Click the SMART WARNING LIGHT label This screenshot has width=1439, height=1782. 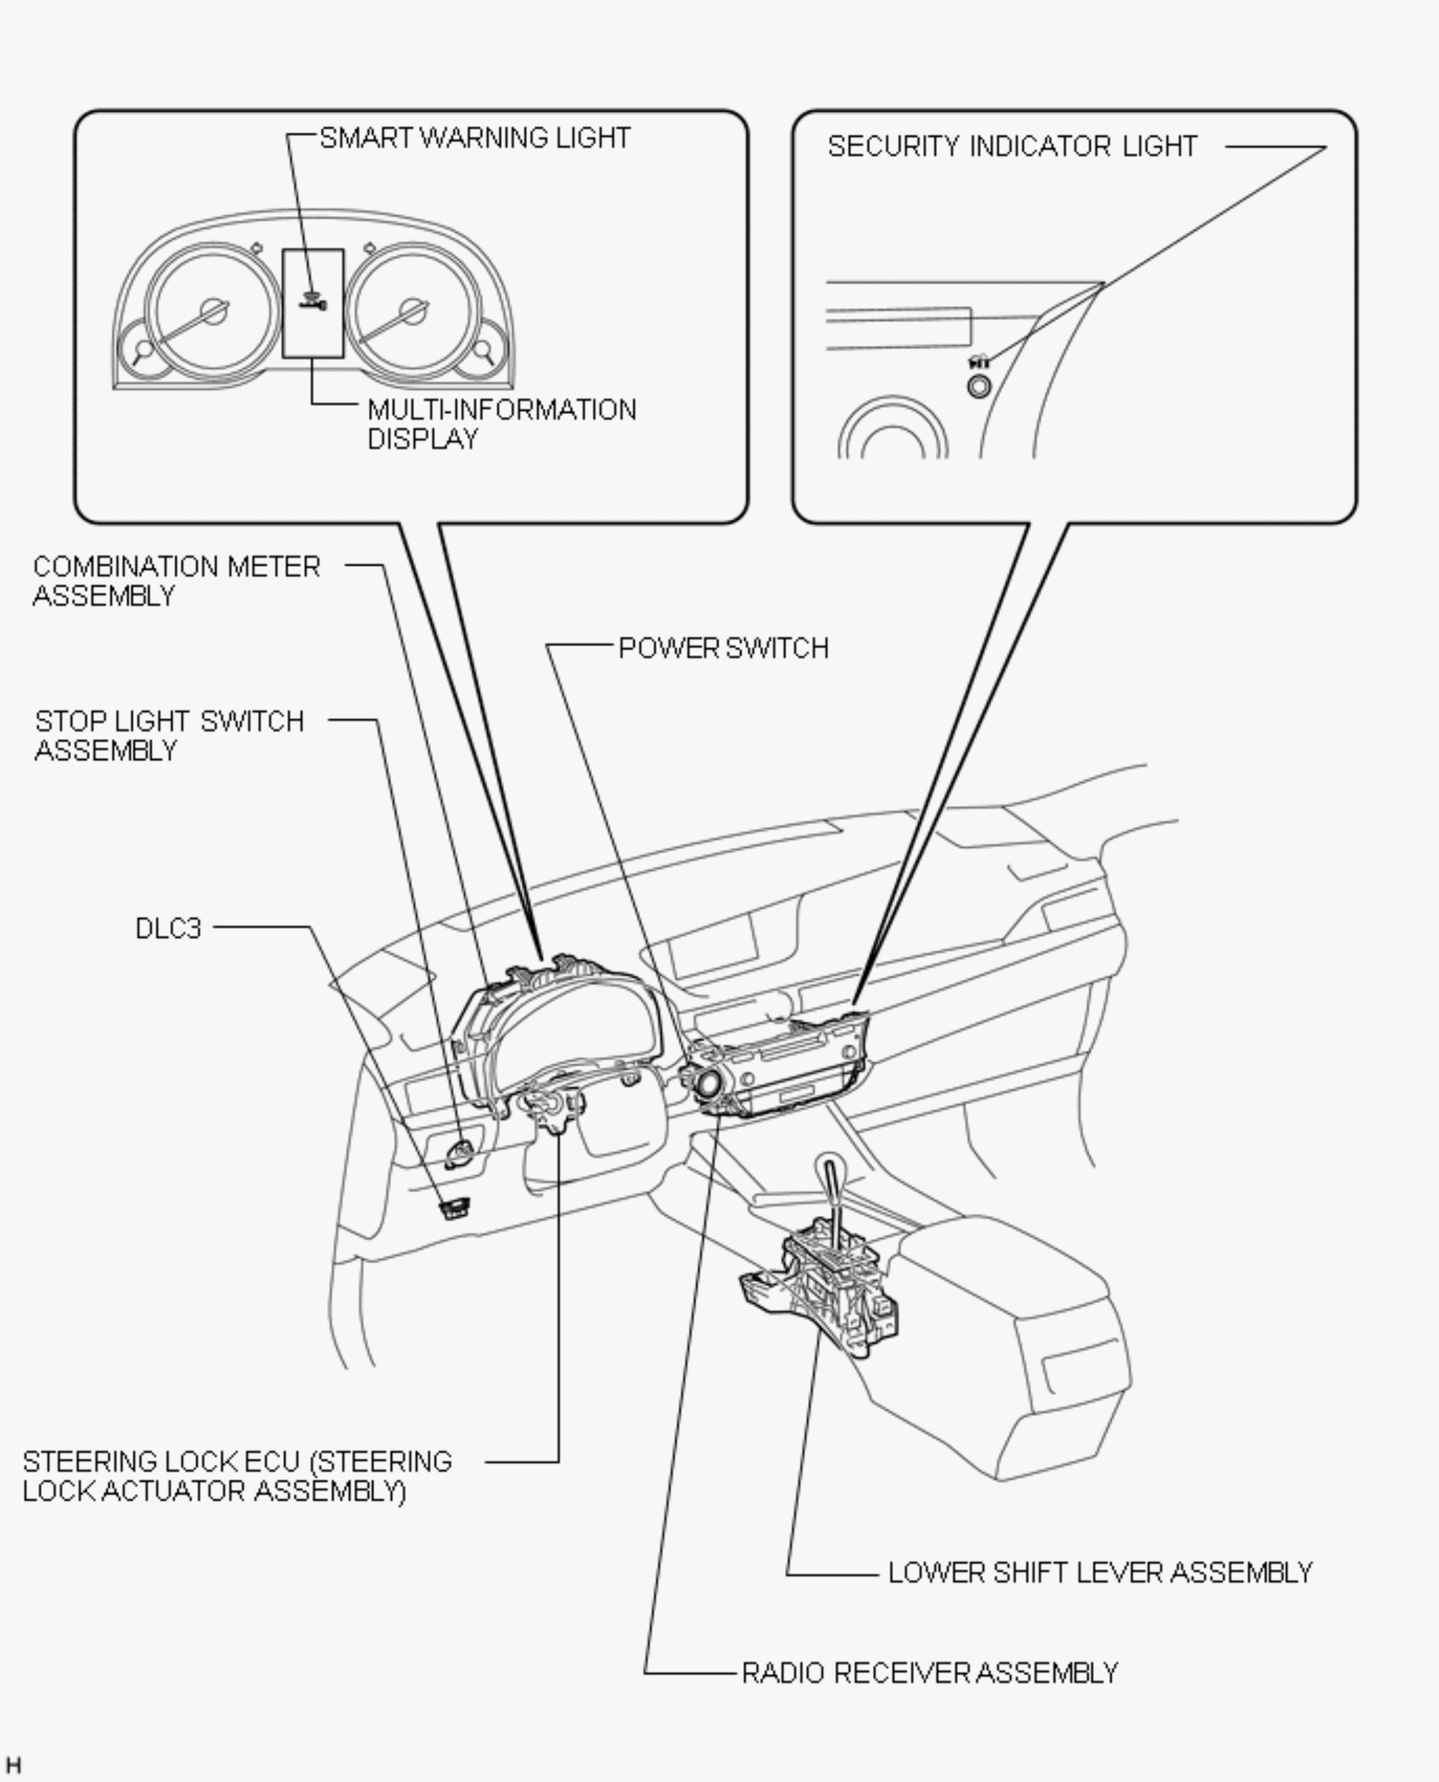pyautogui.click(x=475, y=138)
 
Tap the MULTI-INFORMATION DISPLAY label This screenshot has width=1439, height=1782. pyautogui.click(x=501, y=424)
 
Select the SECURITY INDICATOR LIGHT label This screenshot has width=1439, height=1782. pyautogui.click(x=1012, y=147)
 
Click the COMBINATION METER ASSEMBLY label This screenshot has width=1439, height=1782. pyautogui.click(x=176, y=581)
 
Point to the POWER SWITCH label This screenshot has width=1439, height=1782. pyautogui.click(x=724, y=648)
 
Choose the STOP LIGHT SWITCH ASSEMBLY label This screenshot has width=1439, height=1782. pyautogui.click(x=169, y=735)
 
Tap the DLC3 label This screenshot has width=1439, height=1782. pyautogui.click(x=168, y=928)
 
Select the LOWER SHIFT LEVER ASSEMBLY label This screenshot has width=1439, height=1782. pyautogui.click(x=1100, y=1573)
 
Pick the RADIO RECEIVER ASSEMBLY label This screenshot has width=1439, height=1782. pyautogui.click(x=929, y=1673)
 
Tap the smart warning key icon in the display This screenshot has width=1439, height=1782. pyautogui.click(x=313, y=303)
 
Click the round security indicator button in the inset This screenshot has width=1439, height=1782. pyautogui.click(x=979, y=386)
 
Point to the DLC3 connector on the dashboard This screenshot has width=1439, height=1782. pyautogui.click(x=454, y=1208)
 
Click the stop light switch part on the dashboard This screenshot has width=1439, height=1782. pyautogui.click(x=459, y=1152)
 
